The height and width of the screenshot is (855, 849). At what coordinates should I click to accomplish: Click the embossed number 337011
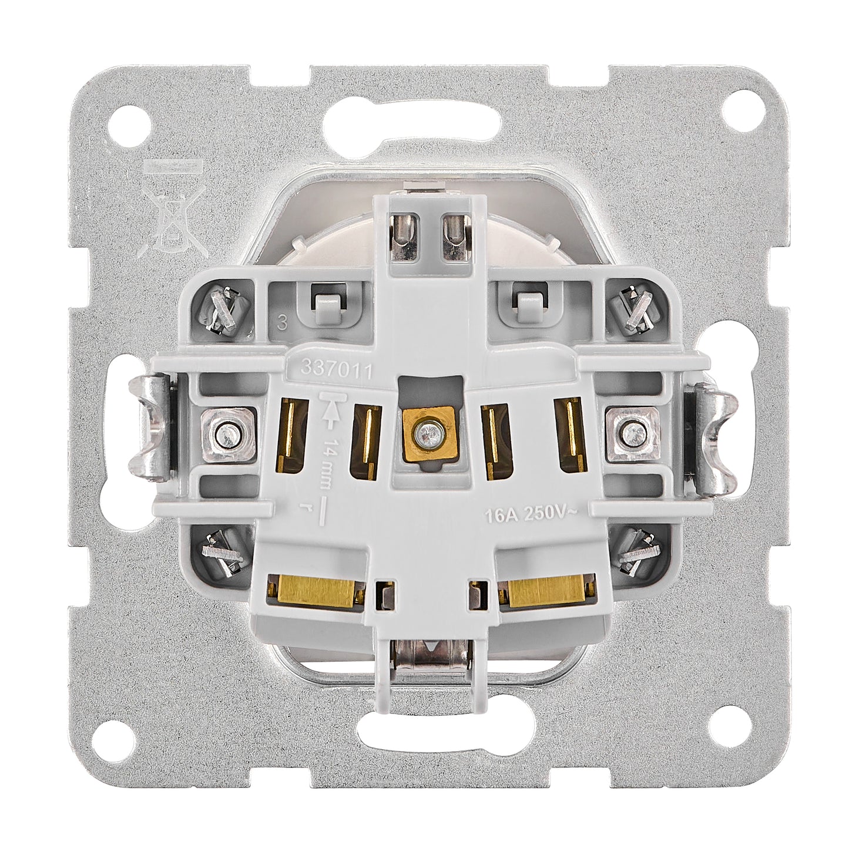click(x=335, y=368)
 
